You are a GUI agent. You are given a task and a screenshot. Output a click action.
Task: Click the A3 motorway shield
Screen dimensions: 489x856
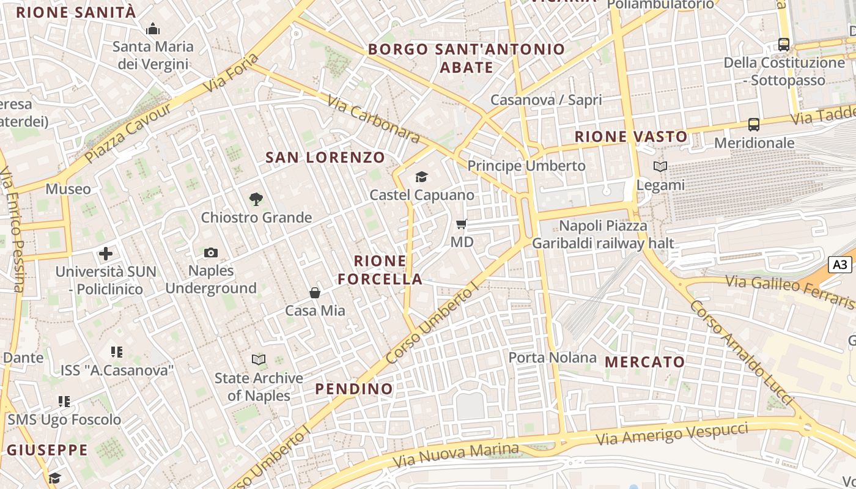pyautogui.click(x=841, y=265)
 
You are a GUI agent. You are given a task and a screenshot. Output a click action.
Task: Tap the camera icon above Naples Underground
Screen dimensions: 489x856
pyautogui.click(x=211, y=252)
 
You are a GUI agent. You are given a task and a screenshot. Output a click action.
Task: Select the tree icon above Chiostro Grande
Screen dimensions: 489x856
pyautogui.click(x=256, y=199)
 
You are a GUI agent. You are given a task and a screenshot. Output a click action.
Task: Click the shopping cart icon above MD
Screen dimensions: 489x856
pyautogui.click(x=462, y=224)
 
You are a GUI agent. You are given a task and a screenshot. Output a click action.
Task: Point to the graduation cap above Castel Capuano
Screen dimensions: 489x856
pyautogui.click(x=421, y=177)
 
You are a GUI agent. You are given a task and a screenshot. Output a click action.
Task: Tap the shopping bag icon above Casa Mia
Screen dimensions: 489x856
pyautogui.click(x=315, y=293)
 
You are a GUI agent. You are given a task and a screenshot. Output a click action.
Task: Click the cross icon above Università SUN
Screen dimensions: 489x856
pyautogui.click(x=106, y=253)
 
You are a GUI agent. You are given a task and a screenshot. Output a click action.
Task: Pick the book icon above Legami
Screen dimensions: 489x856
pyautogui.click(x=660, y=166)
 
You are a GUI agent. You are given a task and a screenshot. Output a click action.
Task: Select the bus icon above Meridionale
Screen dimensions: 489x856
pyautogui.click(x=754, y=125)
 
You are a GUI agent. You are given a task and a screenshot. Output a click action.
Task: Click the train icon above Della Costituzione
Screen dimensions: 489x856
pyautogui.click(x=784, y=44)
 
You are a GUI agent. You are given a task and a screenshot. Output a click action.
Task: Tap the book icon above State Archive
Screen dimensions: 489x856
pyautogui.click(x=259, y=360)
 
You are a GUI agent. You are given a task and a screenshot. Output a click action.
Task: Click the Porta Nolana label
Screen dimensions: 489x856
pyautogui.click(x=552, y=358)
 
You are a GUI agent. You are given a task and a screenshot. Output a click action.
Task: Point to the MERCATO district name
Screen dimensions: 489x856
pyautogui.click(x=645, y=362)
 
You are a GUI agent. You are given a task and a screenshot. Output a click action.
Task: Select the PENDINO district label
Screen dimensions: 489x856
pyautogui.click(x=354, y=389)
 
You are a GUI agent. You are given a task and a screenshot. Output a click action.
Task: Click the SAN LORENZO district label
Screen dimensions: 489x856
pyautogui.click(x=325, y=158)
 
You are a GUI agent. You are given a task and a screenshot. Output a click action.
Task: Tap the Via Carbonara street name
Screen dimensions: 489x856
pyautogui.click(x=374, y=119)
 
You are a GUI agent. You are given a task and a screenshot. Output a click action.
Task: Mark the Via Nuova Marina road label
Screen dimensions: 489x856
pyautogui.click(x=457, y=454)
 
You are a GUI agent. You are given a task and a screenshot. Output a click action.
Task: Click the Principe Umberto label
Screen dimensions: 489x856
pyautogui.click(x=526, y=166)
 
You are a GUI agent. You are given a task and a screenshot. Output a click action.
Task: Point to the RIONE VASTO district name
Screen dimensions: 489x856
pyautogui.click(x=631, y=137)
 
